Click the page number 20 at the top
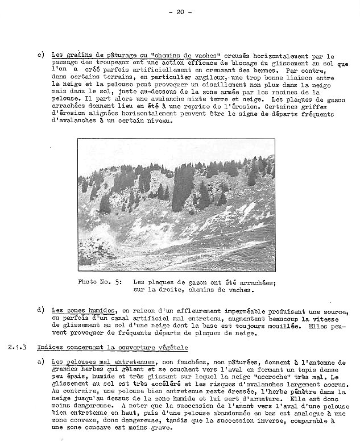pos(181,12)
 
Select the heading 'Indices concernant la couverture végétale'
pos(113,347)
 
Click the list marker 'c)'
pos(40,55)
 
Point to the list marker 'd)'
pos(40,310)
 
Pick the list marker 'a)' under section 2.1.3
pos(40,362)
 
